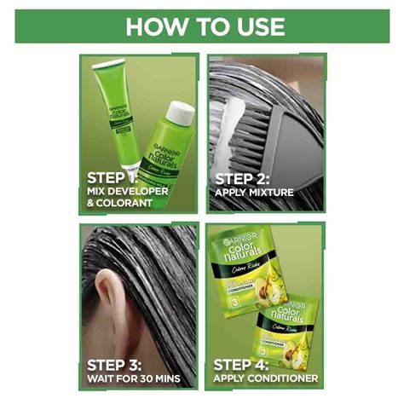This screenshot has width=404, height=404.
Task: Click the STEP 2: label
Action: [243, 178]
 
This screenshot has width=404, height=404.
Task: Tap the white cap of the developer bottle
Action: [180, 113]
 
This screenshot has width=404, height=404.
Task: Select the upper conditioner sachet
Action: [247, 273]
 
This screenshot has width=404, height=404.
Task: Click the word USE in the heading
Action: [255, 26]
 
